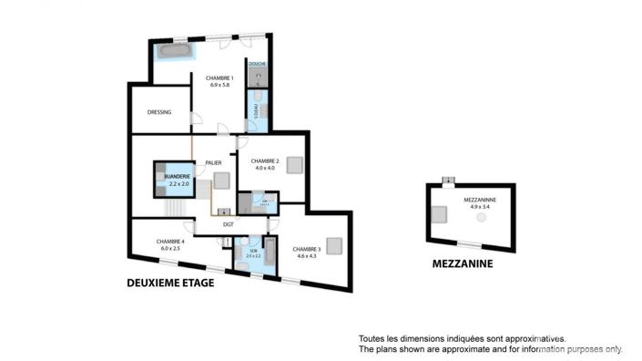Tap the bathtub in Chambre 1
pyautogui.click(x=173, y=51)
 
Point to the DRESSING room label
pyautogui.click(x=159, y=113)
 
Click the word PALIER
pyautogui.click(x=214, y=162)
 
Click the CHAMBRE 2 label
pyautogui.click(x=265, y=160)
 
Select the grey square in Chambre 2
pyautogui.click(x=293, y=165)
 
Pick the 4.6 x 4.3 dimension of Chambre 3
pyautogui.click(x=306, y=256)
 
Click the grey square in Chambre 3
pyautogui.click(x=334, y=245)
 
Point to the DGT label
pyautogui.click(x=229, y=223)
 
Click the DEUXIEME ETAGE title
pyautogui.click(x=169, y=284)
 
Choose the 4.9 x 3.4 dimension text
pyautogui.click(x=479, y=206)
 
